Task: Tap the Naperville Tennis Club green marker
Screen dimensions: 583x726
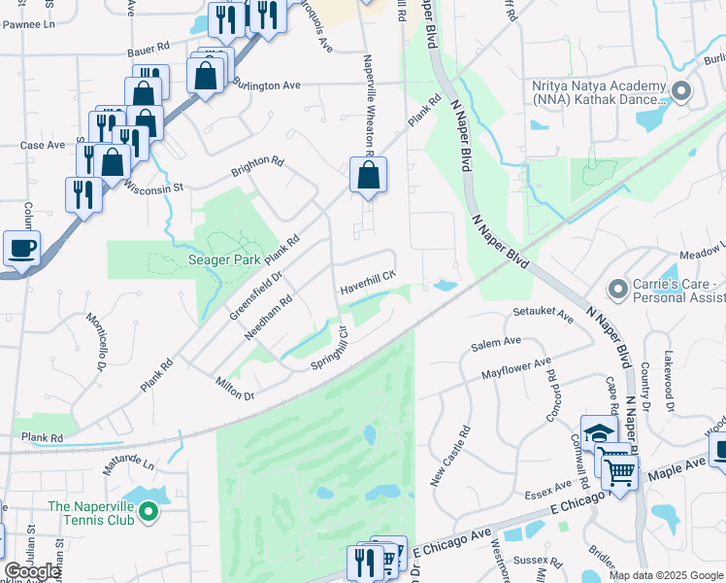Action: (148, 510)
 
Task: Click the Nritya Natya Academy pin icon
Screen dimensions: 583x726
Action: (680, 92)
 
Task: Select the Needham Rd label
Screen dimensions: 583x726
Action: (269, 318)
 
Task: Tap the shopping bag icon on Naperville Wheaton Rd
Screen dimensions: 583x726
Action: (368, 176)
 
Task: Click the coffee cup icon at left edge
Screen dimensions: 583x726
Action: (21, 247)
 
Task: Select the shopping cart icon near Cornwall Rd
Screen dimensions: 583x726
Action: (620, 472)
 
